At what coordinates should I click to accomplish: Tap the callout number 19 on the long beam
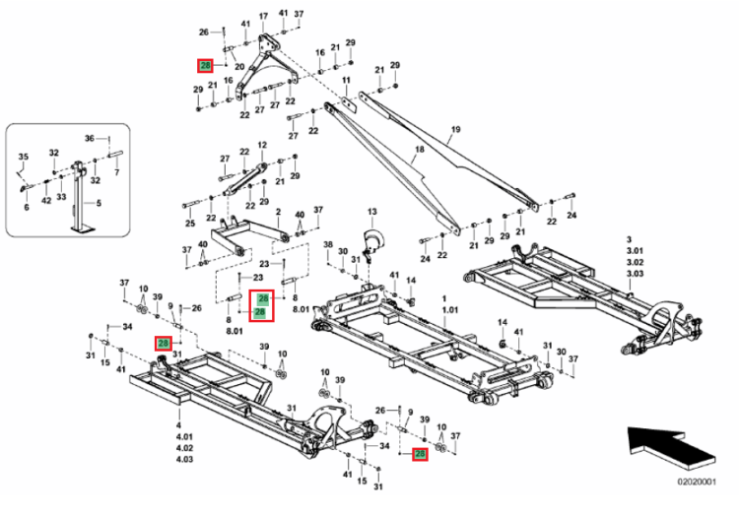[456, 130]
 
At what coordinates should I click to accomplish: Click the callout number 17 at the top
[263, 17]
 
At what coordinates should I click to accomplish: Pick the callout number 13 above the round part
[372, 212]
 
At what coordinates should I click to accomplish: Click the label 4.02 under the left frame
[184, 447]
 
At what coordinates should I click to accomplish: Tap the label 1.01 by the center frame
[451, 310]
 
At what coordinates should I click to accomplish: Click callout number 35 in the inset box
[25, 157]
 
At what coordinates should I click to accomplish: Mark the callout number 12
[262, 145]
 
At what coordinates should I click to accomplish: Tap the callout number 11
[346, 79]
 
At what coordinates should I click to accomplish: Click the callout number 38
[329, 244]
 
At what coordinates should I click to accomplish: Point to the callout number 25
[189, 224]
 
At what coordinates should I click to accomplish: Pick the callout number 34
[127, 327]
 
